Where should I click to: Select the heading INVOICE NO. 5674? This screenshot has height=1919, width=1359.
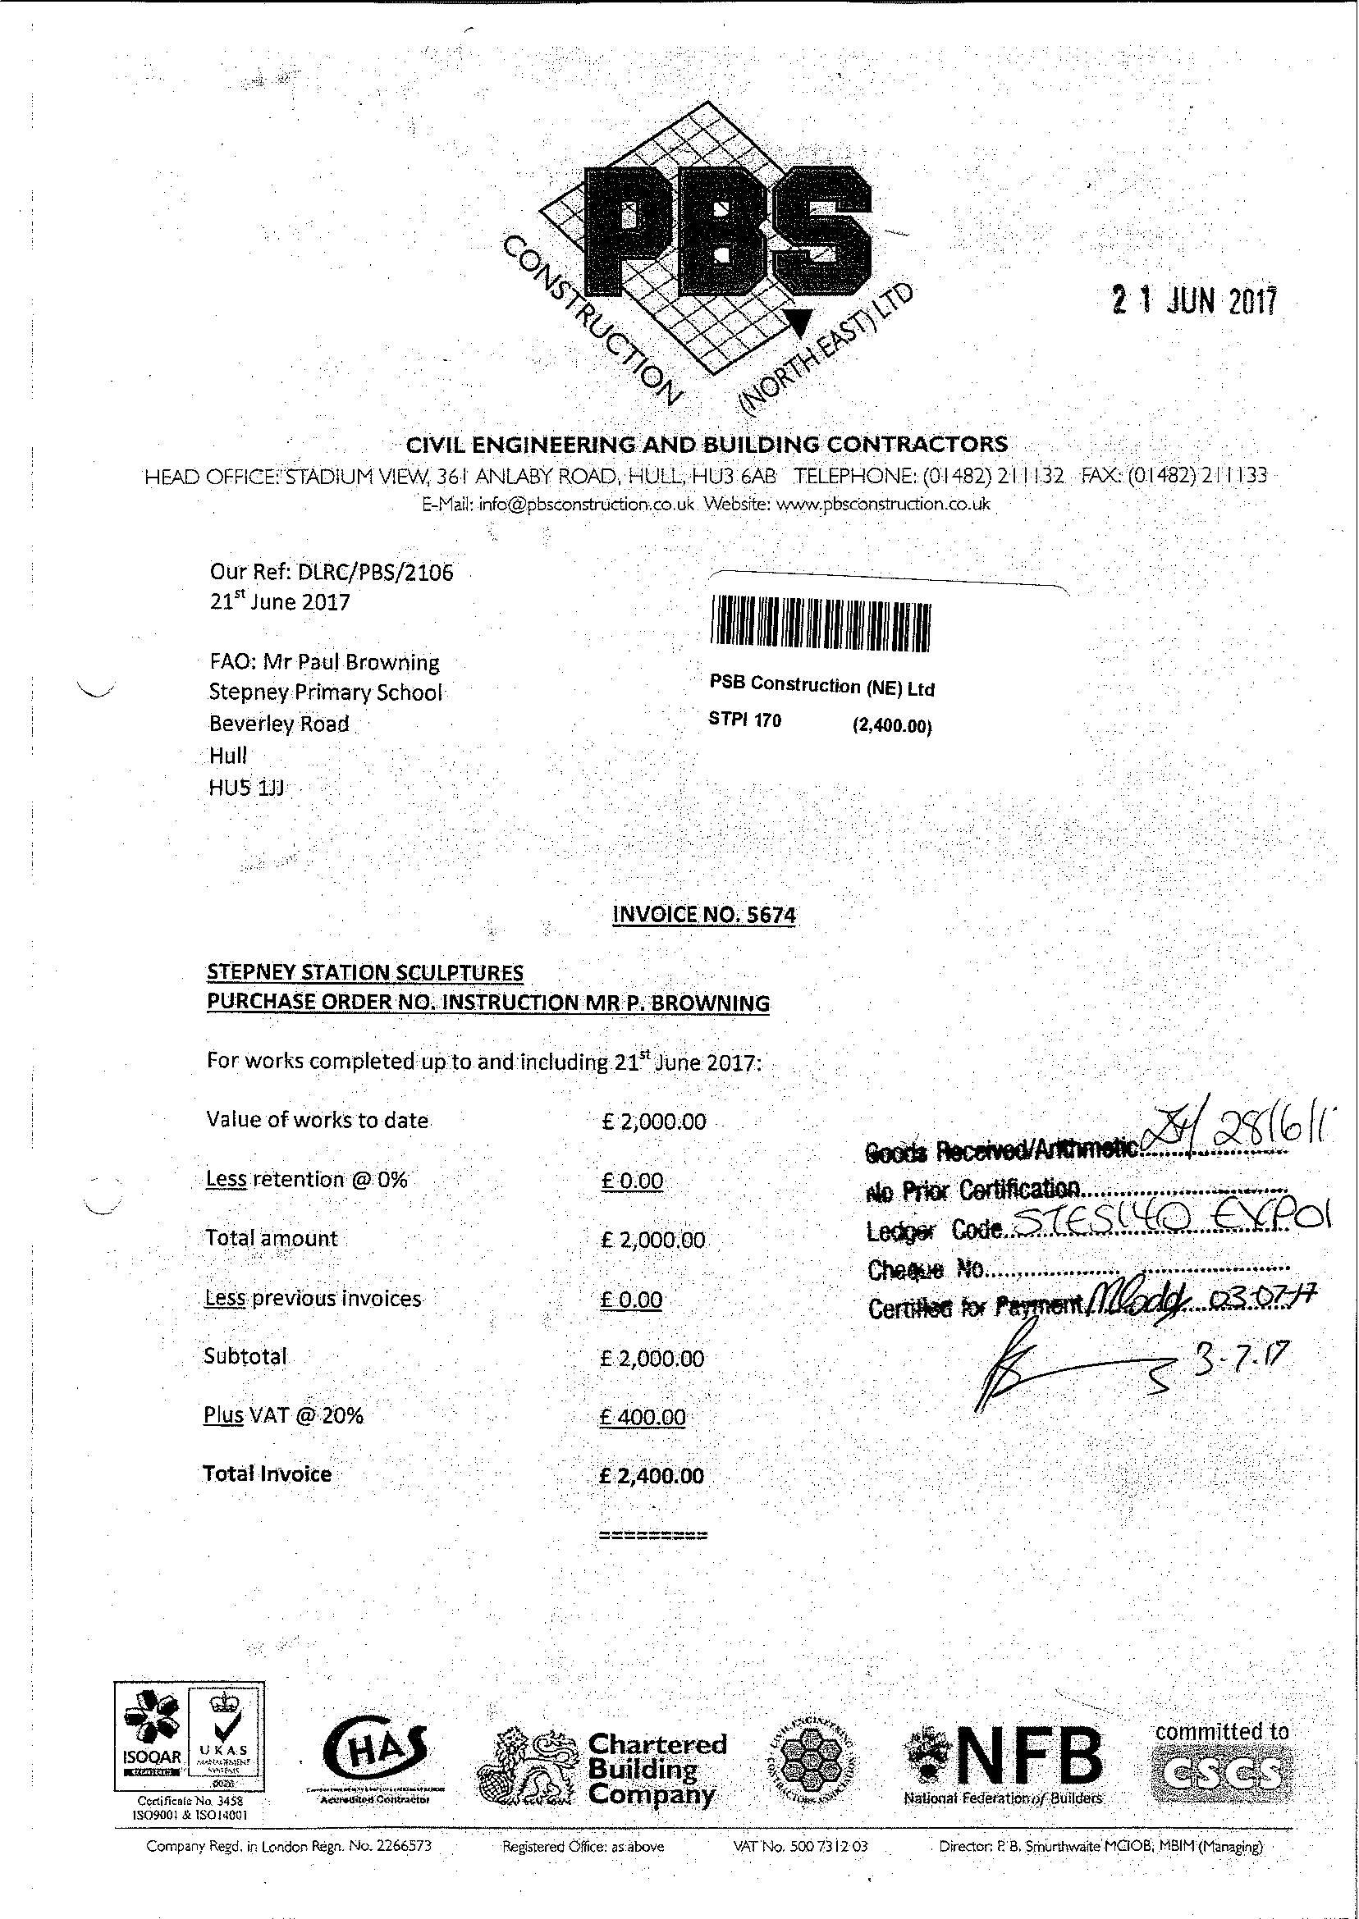pos(705,914)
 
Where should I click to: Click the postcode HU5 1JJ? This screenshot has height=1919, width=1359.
pos(248,787)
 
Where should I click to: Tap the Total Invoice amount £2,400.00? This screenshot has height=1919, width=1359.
pos(652,1476)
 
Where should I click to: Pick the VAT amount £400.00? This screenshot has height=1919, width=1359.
pos(643,1417)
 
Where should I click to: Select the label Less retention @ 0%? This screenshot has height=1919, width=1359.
pos(306,1180)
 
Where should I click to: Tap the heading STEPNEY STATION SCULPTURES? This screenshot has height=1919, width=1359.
pos(365,972)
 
